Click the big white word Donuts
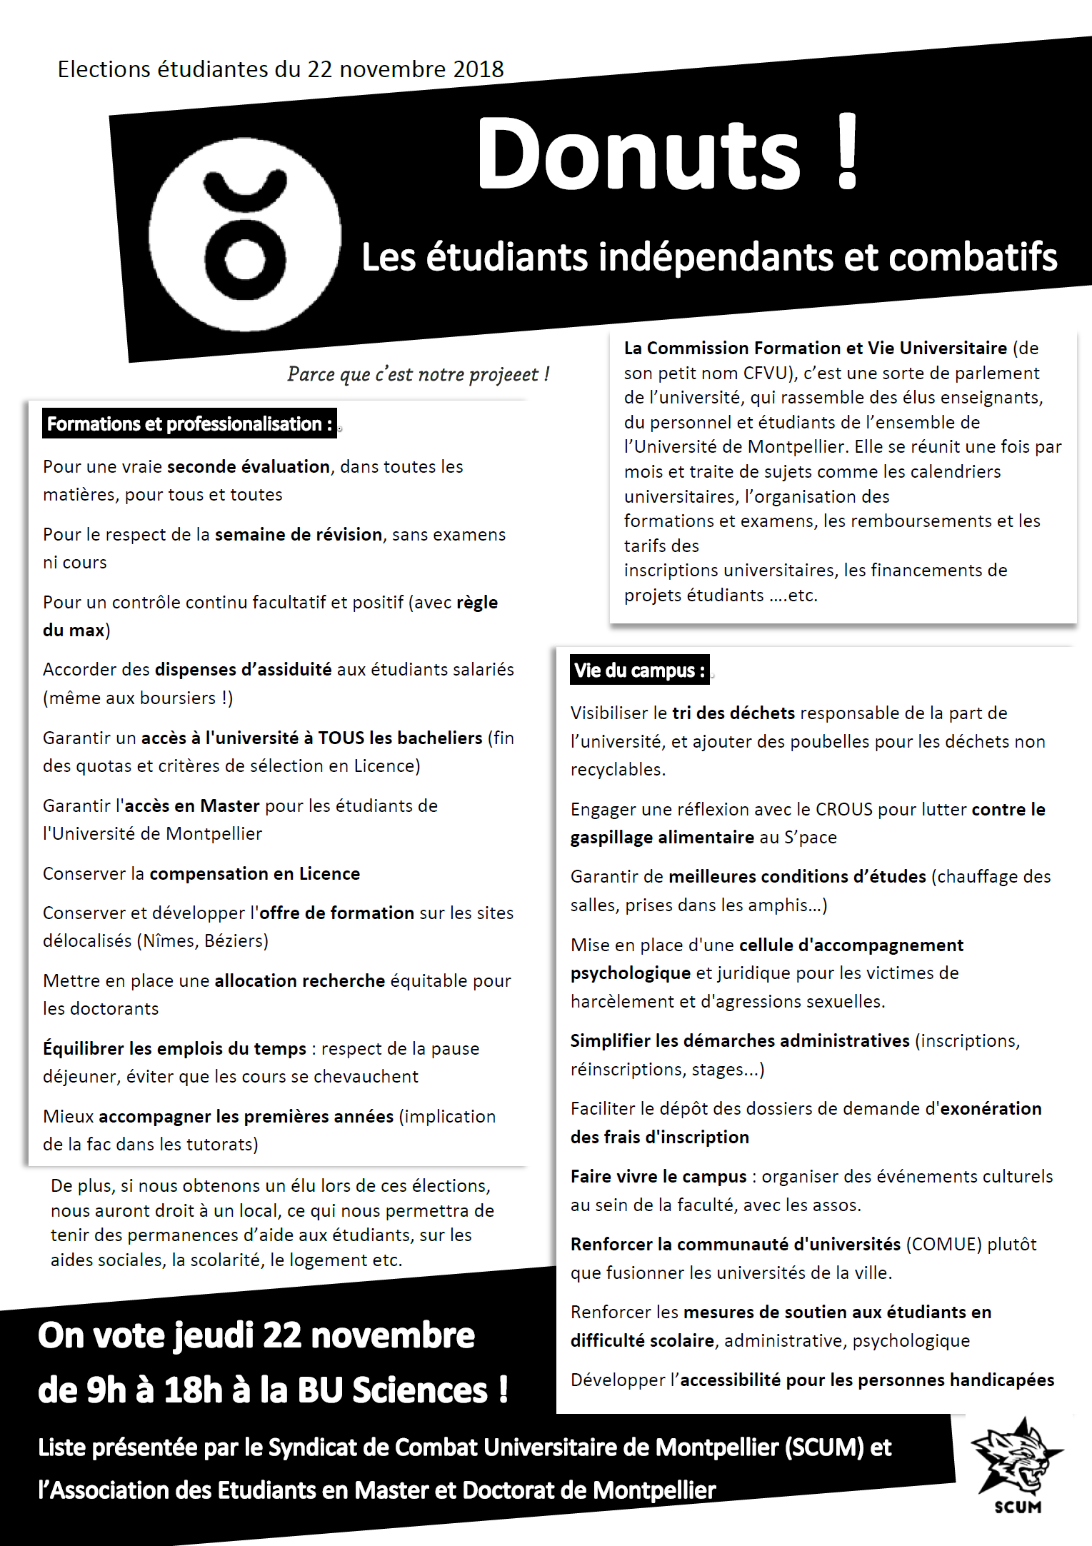point(638,154)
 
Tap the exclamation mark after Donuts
point(847,151)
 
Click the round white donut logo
point(245,234)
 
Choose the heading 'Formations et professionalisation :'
point(189,423)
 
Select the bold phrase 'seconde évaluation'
point(248,466)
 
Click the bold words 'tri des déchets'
point(733,713)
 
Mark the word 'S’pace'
point(810,837)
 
